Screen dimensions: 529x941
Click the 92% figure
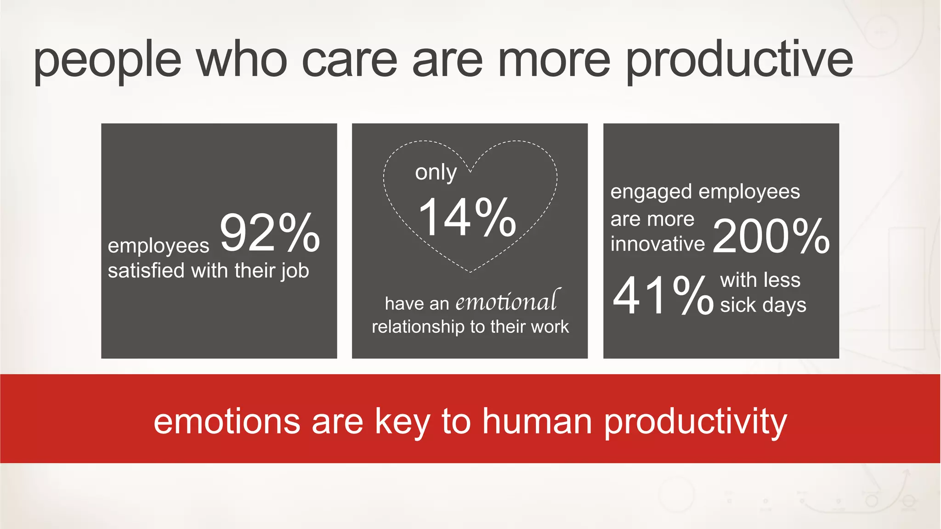coord(270,233)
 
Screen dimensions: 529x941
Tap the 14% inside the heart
coord(467,217)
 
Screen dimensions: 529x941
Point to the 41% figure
coord(663,296)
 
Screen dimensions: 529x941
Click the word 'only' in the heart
coord(436,172)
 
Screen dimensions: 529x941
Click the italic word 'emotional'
coord(507,301)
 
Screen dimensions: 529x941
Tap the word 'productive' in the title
coord(739,60)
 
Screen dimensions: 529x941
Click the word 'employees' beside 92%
coord(158,246)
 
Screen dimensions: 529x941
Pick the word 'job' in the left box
coord(295,271)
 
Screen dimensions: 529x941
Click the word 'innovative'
coord(657,244)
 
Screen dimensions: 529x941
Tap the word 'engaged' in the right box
coord(651,192)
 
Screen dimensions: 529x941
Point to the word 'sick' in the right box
coord(737,305)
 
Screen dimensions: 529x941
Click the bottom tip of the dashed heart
coord(470,272)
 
